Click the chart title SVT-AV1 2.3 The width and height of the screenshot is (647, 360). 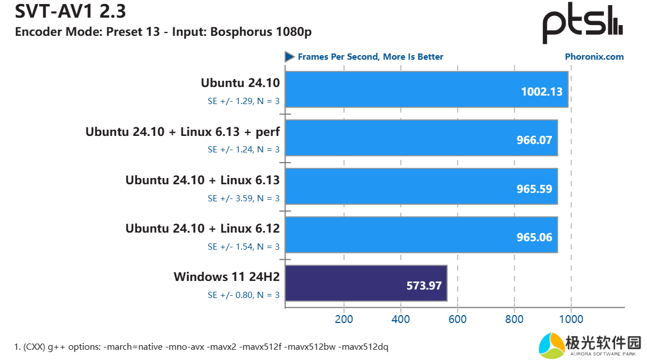point(63,11)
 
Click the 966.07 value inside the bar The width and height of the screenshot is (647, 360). point(533,140)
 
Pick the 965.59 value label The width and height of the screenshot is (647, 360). point(533,188)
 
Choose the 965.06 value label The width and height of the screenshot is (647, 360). point(533,237)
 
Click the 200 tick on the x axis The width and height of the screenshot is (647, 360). point(344,319)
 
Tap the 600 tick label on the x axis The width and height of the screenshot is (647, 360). point(458,319)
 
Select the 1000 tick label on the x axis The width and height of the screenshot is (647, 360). point(571,319)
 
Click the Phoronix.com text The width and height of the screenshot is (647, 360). point(594,57)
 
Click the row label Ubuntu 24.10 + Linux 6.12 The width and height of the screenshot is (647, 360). point(202,229)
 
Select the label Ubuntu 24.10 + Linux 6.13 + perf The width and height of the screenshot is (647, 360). point(183,132)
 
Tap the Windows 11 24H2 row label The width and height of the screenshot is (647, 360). point(227,278)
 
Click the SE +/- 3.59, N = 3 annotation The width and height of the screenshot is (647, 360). point(243,198)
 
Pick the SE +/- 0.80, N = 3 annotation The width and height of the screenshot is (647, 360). point(243,295)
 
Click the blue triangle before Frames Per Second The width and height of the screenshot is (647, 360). point(289,57)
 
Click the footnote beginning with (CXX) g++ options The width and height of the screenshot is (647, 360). point(201,346)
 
